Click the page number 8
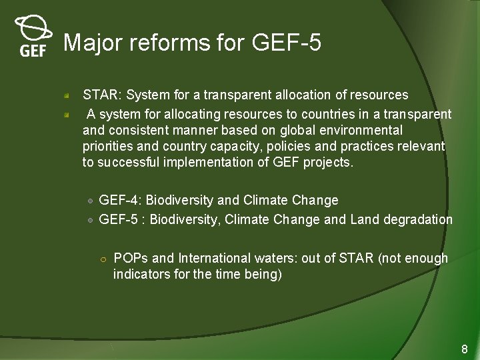point(465,349)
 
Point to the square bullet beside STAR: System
point(67,96)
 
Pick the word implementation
point(216,163)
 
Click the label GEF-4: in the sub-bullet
point(121,200)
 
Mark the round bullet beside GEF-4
point(90,201)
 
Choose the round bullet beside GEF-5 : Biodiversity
point(90,220)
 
